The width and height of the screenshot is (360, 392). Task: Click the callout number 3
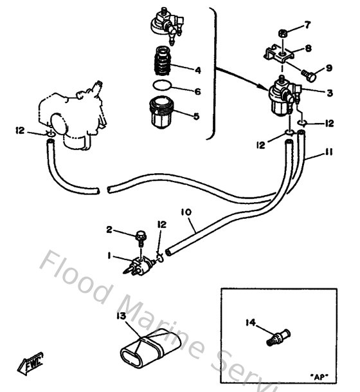tap(329, 93)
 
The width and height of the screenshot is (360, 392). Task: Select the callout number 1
tap(109, 256)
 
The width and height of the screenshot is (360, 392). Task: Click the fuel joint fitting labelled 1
tap(143, 265)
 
